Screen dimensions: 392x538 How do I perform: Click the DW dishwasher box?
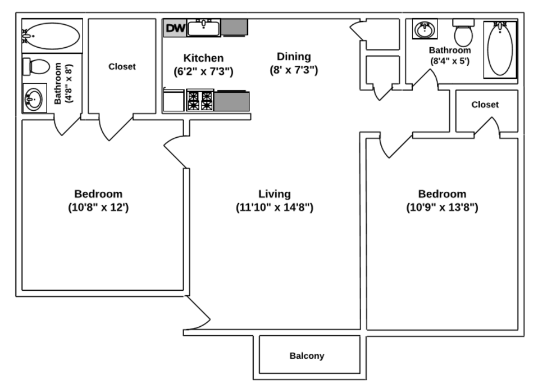pos(175,28)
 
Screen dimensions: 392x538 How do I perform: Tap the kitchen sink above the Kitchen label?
pos(203,28)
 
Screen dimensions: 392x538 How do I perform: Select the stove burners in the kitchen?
pos(200,101)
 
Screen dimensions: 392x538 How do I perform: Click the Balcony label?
pos(307,356)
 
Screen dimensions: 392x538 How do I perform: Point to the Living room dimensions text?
pos(275,208)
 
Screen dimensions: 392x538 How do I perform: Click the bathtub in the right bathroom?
pos(500,49)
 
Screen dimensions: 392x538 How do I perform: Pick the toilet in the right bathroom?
pos(463,34)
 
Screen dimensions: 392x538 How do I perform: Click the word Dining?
pos(294,56)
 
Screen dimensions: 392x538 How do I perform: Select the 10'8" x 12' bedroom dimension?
pos(98,208)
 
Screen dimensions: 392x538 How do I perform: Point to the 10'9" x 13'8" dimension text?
pos(442,208)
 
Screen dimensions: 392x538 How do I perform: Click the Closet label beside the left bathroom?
pos(122,66)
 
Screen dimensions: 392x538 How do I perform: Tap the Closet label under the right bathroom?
pos(485,105)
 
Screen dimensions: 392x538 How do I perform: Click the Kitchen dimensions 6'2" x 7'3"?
pos(203,71)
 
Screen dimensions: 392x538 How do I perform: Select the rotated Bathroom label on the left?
pos(63,83)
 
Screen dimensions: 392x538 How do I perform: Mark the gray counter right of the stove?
pos(232,101)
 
